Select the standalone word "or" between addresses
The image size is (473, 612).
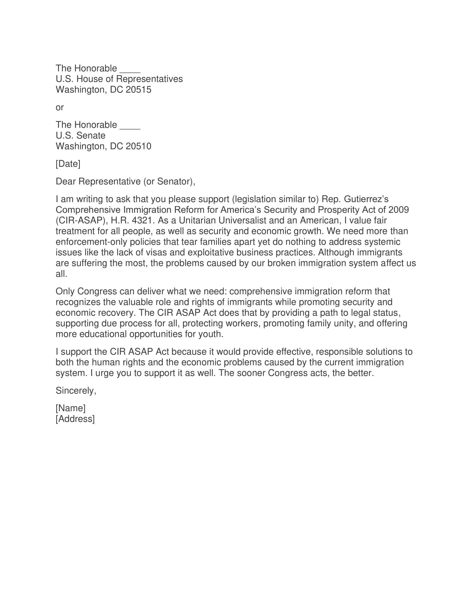point(60,107)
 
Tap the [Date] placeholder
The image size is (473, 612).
point(68,164)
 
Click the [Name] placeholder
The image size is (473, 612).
point(71,408)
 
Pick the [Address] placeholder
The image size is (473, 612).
point(75,419)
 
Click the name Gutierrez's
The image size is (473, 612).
point(366,199)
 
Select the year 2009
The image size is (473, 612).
point(398,210)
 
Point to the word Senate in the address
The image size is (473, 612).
point(91,136)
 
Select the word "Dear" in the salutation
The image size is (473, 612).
point(66,182)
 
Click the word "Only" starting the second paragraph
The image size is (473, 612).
point(65,292)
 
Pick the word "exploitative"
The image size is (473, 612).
point(210,253)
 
